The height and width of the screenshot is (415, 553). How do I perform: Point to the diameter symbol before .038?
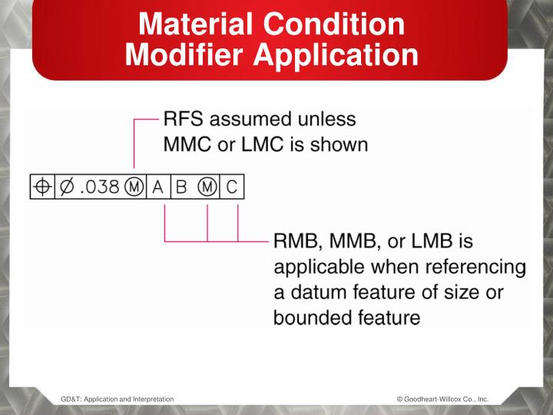point(66,187)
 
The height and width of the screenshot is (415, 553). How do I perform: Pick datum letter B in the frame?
point(182,187)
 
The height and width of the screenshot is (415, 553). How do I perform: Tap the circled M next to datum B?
point(206,187)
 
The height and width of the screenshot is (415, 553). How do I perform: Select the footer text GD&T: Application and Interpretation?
point(117,399)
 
